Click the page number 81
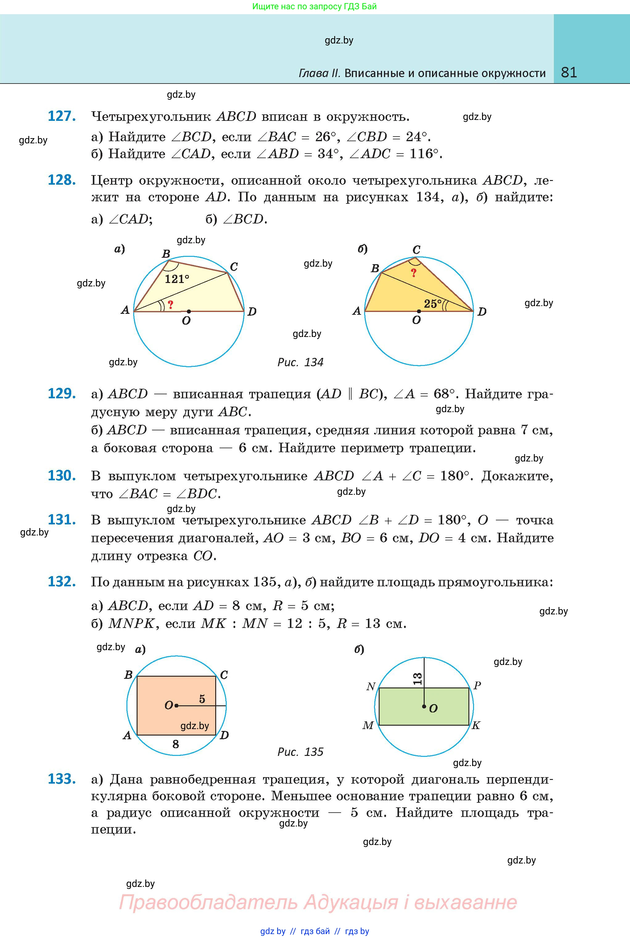569,72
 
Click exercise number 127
61,116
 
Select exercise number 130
61,476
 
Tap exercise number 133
61,779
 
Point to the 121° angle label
177,279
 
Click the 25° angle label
432,304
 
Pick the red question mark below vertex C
414,273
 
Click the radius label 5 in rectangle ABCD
202,699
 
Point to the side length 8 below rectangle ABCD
175,744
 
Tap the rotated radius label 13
418,679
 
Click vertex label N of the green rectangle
370,687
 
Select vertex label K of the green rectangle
476,725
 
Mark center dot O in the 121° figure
189,311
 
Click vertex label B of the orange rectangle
128,675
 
